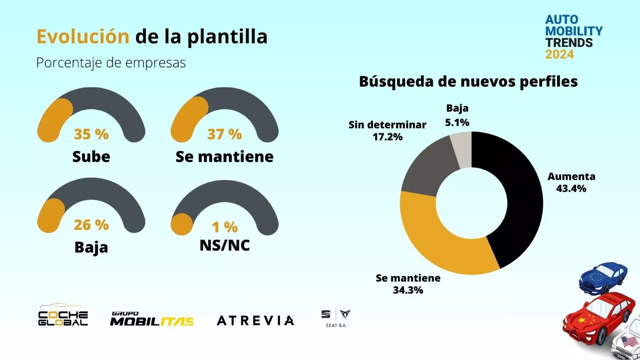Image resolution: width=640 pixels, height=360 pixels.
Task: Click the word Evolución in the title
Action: [83, 37]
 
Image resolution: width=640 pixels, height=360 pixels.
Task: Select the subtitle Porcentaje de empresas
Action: [111, 63]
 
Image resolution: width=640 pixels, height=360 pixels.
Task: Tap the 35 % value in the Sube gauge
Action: [91, 134]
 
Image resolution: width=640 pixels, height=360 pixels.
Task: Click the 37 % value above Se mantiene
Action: [224, 134]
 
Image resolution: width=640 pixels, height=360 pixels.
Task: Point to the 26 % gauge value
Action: [91, 225]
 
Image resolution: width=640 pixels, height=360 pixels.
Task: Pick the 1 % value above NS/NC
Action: [224, 227]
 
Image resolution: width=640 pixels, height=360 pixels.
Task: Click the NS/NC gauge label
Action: [224, 245]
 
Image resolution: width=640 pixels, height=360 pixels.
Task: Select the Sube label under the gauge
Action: [91, 157]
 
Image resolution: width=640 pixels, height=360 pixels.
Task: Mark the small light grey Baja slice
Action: [462, 149]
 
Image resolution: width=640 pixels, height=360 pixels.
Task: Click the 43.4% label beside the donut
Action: [571, 189]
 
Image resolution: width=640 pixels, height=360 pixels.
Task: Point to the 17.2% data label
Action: [387, 137]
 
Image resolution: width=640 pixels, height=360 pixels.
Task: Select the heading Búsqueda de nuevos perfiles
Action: [468, 81]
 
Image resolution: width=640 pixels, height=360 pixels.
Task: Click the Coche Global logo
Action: [63, 316]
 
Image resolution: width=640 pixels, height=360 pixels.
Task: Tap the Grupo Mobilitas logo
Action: [151, 319]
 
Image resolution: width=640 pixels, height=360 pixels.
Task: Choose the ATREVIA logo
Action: [255, 320]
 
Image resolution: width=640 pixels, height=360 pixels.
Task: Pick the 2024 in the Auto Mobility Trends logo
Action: [559, 55]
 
